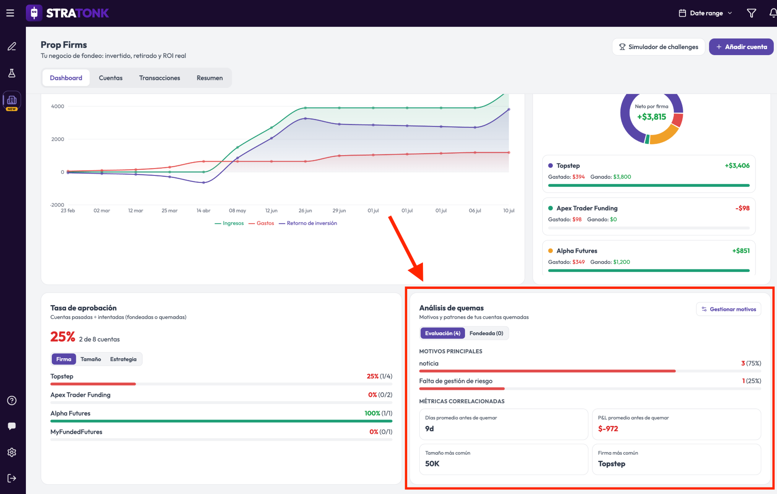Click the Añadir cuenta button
741,47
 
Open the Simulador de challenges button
658,47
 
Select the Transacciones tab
159,78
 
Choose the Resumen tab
210,78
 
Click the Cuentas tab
110,78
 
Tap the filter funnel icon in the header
752,13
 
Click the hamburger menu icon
11,13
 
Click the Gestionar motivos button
728,309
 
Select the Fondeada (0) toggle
486,333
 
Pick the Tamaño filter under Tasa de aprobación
91,359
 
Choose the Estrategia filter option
123,359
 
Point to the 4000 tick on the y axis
57,107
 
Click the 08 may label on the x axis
237,211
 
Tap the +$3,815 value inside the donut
652,117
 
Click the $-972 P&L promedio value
608,429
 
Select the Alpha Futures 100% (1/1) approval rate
378,413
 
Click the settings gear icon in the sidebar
12,452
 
